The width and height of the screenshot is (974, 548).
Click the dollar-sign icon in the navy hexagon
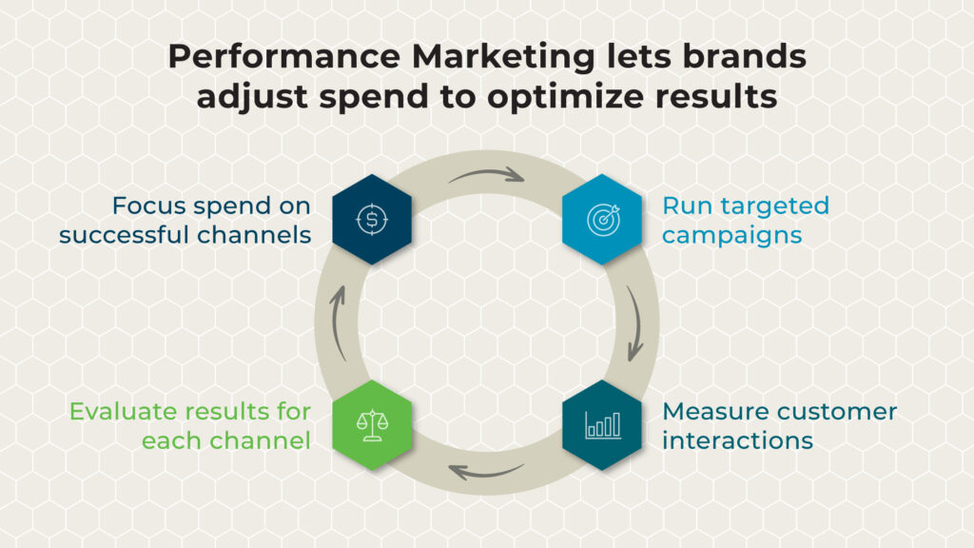(372, 220)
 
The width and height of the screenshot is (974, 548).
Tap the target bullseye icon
(603, 220)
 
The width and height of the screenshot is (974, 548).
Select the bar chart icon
(602, 425)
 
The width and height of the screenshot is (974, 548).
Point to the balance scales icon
(372, 425)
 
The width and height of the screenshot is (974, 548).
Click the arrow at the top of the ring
(487, 174)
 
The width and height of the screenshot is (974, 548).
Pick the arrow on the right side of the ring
(636, 323)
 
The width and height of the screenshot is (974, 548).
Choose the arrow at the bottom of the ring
(486, 472)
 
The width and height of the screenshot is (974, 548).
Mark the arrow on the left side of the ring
(337, 323)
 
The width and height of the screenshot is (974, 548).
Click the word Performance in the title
(283, 56)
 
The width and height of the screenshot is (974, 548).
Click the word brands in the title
(744, 56)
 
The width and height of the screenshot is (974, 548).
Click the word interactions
(737, 441)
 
